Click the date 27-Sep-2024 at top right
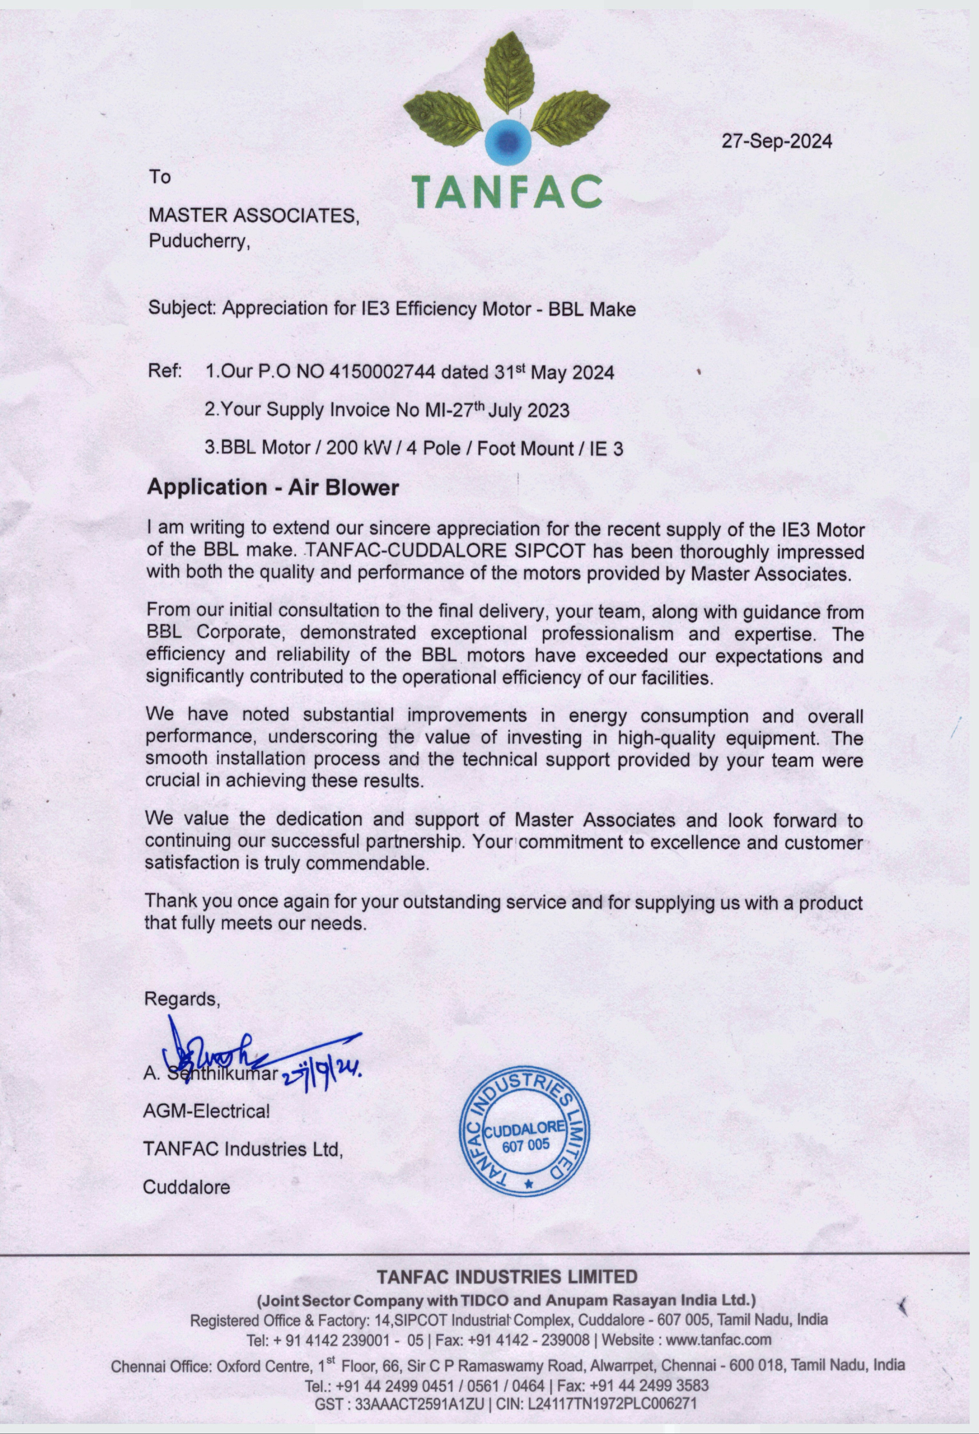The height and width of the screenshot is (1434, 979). (777, 142)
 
